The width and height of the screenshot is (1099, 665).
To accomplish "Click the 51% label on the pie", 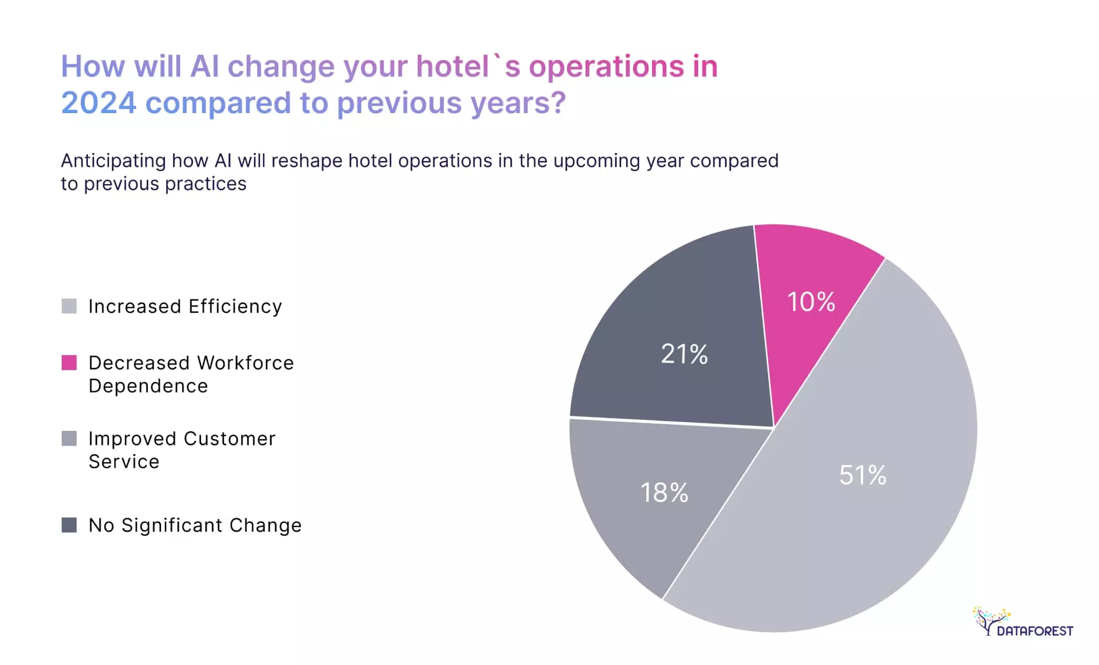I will point(862,475).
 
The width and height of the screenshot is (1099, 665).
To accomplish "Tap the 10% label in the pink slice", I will point(811,302).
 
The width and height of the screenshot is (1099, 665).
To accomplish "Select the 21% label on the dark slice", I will point(684,354).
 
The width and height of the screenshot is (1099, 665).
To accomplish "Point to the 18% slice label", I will point(664,492).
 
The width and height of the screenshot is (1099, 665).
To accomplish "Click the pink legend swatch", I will point(69,363).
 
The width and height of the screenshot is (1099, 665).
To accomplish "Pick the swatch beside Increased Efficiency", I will point(69,306).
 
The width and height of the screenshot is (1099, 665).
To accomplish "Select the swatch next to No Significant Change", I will point(69,525).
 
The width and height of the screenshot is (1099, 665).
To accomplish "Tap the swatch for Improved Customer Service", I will point(69,439).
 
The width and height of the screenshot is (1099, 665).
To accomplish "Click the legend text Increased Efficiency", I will point(185,307).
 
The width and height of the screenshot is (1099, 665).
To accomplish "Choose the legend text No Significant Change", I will point(195,526).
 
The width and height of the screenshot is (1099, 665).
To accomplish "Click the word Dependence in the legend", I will point(148,386).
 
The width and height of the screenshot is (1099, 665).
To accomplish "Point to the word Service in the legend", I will point(124,462).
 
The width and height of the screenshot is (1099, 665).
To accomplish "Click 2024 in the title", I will point(99,103).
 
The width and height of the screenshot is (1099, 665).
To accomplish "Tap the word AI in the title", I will point(204,66).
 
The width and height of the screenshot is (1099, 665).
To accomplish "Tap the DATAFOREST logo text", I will point(1034,631).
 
